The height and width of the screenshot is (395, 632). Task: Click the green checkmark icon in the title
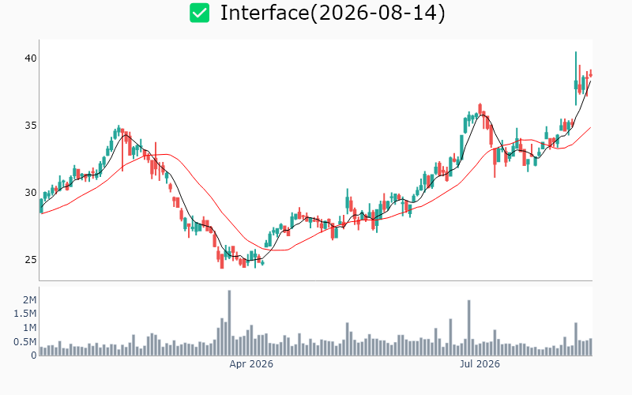click(200, 13)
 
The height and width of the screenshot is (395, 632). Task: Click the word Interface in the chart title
click(265, 13)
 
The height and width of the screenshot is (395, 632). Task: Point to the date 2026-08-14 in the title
click(378, 13)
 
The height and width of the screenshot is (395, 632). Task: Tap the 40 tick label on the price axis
click(30, 58)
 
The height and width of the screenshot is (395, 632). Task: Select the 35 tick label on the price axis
click(30, 126)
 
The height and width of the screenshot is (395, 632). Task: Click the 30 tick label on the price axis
click(30, 193)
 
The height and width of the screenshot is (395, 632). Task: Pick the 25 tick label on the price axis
click(30, 260)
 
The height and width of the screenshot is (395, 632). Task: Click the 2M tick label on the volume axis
click(30, 300)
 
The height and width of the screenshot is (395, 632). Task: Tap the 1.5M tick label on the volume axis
click(25, 314)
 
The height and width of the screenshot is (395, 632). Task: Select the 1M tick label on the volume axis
click(30, 328)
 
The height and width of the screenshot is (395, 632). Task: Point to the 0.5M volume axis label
click(25, 342)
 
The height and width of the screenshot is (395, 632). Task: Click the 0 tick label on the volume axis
click(33, 355)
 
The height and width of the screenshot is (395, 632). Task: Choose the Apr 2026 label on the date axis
click(251, 364)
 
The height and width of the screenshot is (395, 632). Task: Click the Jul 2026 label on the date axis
click(480, 364)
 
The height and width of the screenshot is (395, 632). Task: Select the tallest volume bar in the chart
click(229, 323)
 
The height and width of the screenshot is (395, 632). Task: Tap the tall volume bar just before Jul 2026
click(468, 328)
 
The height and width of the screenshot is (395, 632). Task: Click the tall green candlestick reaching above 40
click(576, 78)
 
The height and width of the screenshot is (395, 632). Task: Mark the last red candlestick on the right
click(590, 74)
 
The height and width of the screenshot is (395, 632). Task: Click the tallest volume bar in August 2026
click(576, 339)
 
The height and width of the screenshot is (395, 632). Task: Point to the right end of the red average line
click(590, 127)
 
